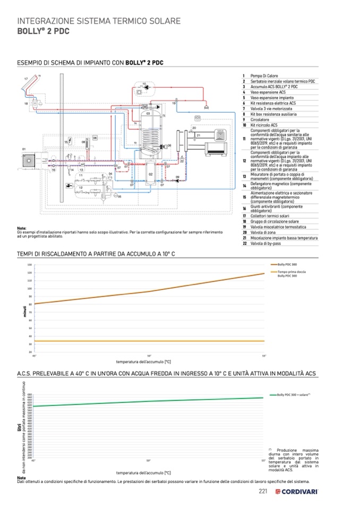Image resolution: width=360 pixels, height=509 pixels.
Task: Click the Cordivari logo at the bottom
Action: coord(297,491)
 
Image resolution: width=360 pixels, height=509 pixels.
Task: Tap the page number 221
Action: coord(262,491)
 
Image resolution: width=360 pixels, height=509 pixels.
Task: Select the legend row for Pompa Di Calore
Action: coord(264,76)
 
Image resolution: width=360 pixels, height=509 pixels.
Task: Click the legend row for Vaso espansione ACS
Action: coord(264,92)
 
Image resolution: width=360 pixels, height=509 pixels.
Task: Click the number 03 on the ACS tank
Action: coord(148,113)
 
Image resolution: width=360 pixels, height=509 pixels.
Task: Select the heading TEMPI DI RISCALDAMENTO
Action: coord(96,254)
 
